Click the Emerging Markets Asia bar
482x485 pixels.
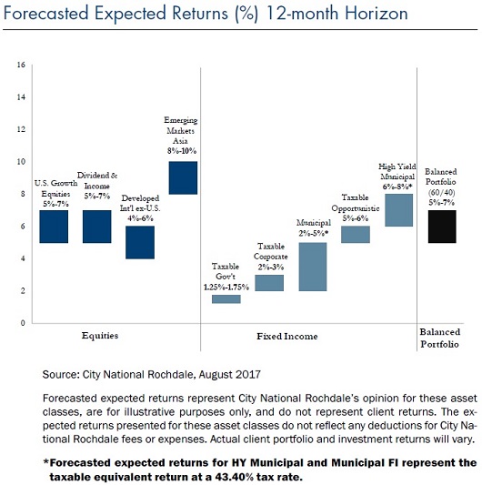pyautogui.click(x=183, y=177)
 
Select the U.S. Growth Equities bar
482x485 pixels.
pyautogui.click(x=54, y=227)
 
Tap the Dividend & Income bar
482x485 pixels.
pyautogui.click(x=96, y=227)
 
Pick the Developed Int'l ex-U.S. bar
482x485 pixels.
pyautogui.click(x=140, y=242)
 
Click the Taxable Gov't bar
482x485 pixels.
pyautogui.click(x=226, y=299)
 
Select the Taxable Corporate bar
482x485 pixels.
pyautogui.click(x=269, y=283)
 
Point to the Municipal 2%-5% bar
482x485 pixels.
pyautogui.click(x=313, y=267)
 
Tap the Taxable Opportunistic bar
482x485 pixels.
pyautogui.click(x=356, y=235)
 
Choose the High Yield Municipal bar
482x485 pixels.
pyautogui.click(x=399, y=210)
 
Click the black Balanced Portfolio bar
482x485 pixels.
pyautogui.click(x=442, y=227)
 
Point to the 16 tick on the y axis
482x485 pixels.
pyautogui.click(x=21, y=65)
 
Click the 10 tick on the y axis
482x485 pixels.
pyautogui.click(x=21, y=162)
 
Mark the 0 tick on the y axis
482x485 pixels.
pyautogui.click(x=23, y=323)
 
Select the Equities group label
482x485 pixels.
pyautogui.click(x=100, y=336)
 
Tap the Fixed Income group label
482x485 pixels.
pyautogui.click(x=287, y=336)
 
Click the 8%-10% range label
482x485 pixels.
pyautogui.click(x=182, y=151)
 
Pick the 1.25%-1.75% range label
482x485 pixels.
pyautogui.click(x=226, y=287)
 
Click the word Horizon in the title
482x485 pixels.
pyautogui.click(x=377, y=14)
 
